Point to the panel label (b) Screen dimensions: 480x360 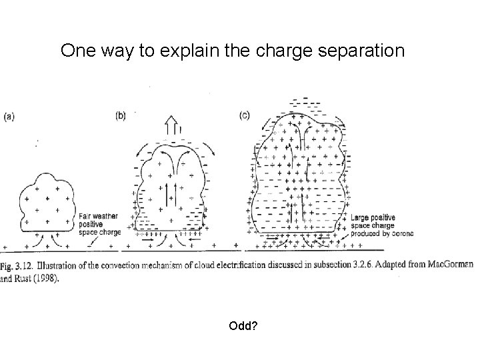[x=120, y=115]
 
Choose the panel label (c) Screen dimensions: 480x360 [x=245, y=115]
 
